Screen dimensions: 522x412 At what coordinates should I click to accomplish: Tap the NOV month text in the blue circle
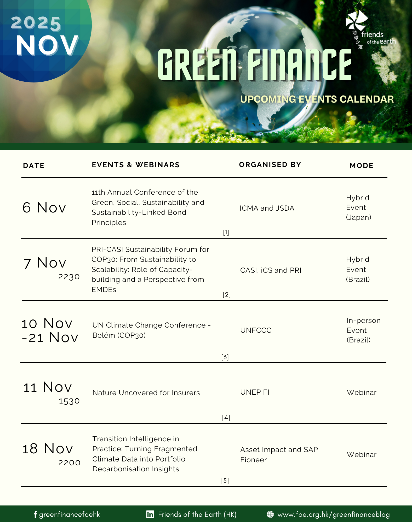point(47,45)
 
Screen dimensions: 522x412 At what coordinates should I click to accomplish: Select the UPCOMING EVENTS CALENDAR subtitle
point(317,99)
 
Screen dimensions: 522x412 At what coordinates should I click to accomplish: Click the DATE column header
point(34,165)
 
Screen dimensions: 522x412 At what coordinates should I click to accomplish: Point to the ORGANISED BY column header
point(270,165)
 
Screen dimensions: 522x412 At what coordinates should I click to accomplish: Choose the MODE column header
point(362,165)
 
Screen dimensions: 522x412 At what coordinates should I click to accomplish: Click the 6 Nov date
point(44,208)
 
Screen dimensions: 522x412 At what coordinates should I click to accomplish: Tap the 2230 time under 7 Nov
point(69,277)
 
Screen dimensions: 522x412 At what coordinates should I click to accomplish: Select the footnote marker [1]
point(226,232)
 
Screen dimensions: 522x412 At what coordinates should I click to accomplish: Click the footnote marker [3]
point(225,357)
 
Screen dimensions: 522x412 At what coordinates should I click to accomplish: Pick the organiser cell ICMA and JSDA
point(267,208)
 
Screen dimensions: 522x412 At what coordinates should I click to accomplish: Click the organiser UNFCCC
point(256,330)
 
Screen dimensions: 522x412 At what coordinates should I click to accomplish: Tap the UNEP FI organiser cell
point(255,392)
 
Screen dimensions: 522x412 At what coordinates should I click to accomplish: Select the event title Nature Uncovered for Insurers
point(146,393)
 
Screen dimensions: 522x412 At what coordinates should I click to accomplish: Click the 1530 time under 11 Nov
point(69,401)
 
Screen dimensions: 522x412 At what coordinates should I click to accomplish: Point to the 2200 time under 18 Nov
point(69,463)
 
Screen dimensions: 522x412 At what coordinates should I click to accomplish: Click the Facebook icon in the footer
point(35,514)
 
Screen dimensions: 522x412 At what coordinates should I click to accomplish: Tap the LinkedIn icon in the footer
point(150,514)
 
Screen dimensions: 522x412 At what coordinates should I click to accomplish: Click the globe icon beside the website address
point(270,514)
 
